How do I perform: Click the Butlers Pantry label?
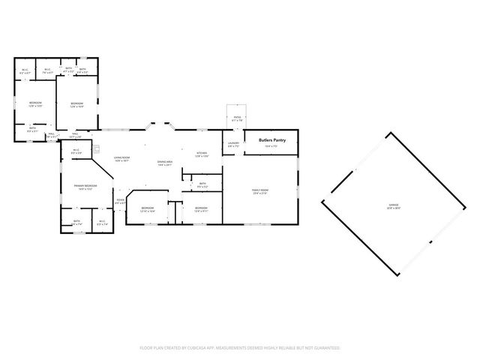point(272,139)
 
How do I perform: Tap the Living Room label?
point(122,157)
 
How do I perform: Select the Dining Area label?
point(165,162)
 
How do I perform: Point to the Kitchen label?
point(202,153)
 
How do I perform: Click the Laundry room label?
point(233,143)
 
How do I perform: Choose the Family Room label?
point(259,190)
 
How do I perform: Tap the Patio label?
point(237,117)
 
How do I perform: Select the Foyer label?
point(120,200)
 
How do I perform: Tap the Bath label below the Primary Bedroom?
point(77,221)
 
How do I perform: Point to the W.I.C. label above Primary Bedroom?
point(76,150)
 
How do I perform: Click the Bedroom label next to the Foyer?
point(148,208)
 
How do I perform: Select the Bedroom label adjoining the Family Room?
point(201,208)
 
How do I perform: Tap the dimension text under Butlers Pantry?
point(272,146)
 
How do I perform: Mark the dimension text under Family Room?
point(259,194)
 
